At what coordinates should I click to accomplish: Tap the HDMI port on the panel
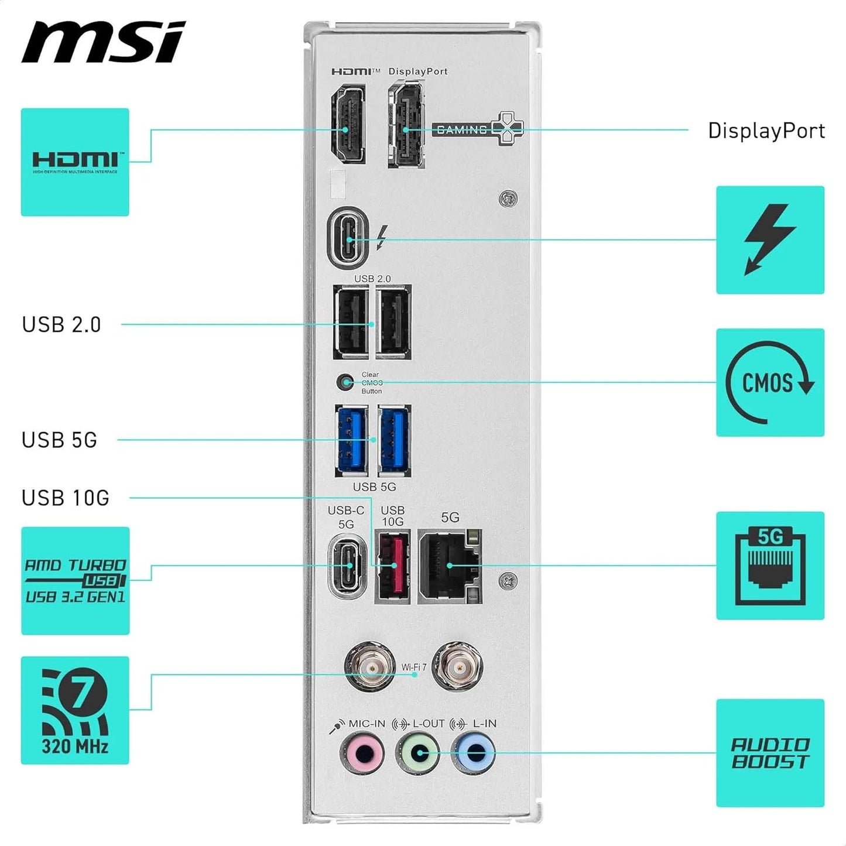point(348,124)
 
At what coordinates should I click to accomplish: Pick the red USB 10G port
point(393,566)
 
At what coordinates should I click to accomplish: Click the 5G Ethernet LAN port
point(450,566)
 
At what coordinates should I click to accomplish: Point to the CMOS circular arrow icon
point(770,382)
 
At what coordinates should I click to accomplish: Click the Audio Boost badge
point(770,753)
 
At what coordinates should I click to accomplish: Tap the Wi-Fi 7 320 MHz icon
point(75,710)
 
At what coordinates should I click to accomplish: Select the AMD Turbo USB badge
point(75,581)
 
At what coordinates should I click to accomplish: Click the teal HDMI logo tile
point(75,162)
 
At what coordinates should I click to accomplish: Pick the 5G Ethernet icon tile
point(770,566)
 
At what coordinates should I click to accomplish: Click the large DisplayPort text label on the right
point(766,131)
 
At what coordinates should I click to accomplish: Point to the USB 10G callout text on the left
point(66,498)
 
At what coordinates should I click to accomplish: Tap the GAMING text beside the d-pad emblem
point(461,129)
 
